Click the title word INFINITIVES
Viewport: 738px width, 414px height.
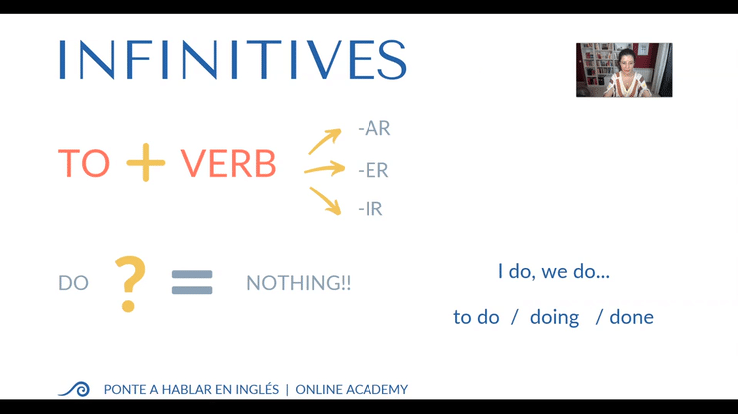pyautogui.click(x=233, y=59)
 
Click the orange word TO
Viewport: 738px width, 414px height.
pyautogui.click(x=84, y=163)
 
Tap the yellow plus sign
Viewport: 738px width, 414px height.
pyautogui.click(x=146, y=163)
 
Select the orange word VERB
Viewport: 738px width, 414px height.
pyautogui.click(x=228, y=163)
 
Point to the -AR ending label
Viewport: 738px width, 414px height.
pyautogui.click(x=374, y=128)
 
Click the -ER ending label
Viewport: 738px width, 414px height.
pyautogui.click(x=373, y=170)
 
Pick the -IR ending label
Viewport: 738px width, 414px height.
pyautogui.click(x=370, y=208)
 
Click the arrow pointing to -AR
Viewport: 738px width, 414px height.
pyautogui.click(x=325, y=141)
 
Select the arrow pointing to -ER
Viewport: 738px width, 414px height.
pyautogui.click(x=324, y=169)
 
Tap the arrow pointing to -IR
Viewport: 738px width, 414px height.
pyautogui.click(x=325, y=202)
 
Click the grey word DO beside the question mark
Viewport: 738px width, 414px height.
pyautogui.click(x=74, y=283)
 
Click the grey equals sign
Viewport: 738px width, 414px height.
pyautogui.click(x=192, y=282)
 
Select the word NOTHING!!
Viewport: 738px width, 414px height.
pyautogui.click(x=299, y=283)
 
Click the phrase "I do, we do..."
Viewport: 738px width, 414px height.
pyautogui.click(x=554, y=271)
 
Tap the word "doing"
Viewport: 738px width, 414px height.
pyautogui.click(x=554, y=318)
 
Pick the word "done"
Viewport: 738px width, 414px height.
pyautogui.click(x=631, y=317)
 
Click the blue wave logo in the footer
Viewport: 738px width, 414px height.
pyautogui.click(x=74, y=389)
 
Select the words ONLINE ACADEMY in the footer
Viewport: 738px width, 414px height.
pyautogui.click(x=352, y=390)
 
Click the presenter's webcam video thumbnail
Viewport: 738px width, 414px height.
pyautogui.click(x=624, y=70)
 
